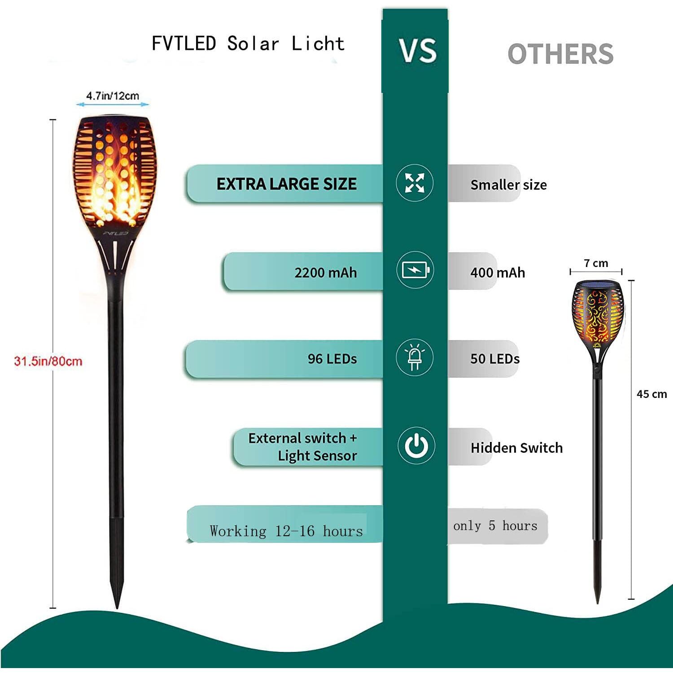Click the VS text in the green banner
(x=418, y=50)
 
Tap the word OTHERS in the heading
(x=560, y=54)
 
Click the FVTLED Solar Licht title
(x=248, y=44)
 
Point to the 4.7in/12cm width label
(x=113, y=96)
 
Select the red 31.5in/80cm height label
(x=48, y=361)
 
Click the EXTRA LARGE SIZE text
(x=287, y=184)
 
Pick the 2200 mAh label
(x=326, y=272)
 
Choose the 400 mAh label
(x=498, y=272)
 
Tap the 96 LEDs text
(x=332, y=358)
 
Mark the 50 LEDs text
(x=495, y=358)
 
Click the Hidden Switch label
(x=516, y=447)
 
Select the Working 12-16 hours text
(x=286, y=531)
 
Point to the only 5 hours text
(x=495, y=525)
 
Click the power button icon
(x=416, y=446)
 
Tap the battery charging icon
(x=415, y=270)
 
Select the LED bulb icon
(x=415, y=358)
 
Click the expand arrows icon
(x=415, y=183)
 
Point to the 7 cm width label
(x=596, y=263)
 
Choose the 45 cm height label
(x=651, y=394)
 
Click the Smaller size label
(x=508, y=184)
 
